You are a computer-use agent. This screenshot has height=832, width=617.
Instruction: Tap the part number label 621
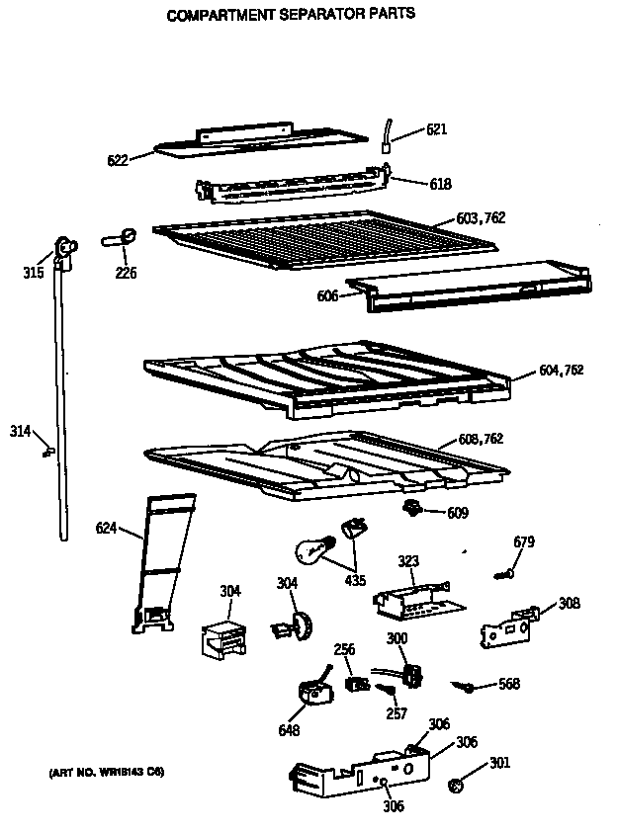(x=438, y=129)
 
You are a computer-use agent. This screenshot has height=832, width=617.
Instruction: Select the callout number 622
(x=117, y=159)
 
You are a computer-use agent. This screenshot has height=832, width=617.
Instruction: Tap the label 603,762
(x=481, y=217)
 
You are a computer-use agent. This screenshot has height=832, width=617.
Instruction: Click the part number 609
(x=457, y=513)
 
